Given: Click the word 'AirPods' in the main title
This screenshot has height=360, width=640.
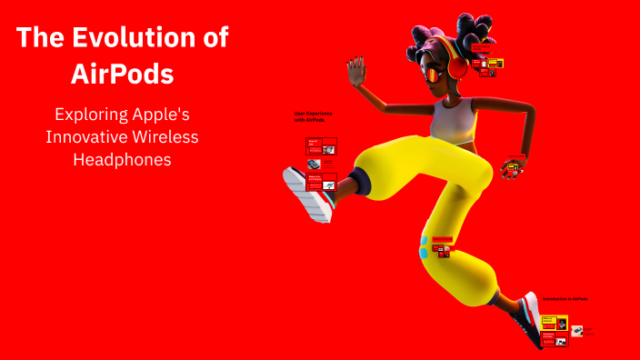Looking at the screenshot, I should coord(122,75).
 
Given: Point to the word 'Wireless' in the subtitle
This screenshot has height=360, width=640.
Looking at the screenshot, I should coord(165,137).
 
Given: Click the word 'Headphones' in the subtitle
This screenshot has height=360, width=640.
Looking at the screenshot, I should coord(122,159).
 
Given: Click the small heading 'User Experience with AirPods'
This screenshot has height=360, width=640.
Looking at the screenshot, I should coord(313,116).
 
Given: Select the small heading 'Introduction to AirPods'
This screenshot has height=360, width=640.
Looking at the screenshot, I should coord(564,298).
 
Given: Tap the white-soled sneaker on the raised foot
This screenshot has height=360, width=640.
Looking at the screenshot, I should coord(305,194).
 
